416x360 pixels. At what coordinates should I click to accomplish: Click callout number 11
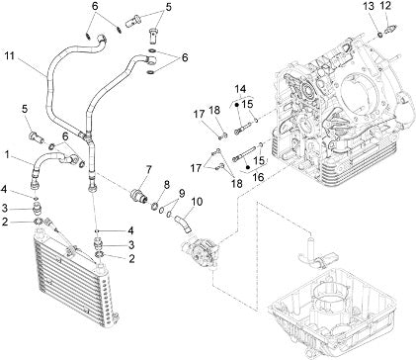(10, 56)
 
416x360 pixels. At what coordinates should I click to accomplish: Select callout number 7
(148, 170)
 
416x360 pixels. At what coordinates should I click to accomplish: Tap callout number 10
(197, 202)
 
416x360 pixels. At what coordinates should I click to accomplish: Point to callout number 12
(385, 6)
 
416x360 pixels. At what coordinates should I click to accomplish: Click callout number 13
(370, 6)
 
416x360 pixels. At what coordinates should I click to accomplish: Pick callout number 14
(240, 89)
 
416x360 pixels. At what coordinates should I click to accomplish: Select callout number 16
(259, 177)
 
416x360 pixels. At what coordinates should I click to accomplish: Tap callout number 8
(167, 185)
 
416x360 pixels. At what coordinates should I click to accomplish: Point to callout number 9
(182, 193)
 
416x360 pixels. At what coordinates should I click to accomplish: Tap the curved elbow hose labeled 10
(184, 224)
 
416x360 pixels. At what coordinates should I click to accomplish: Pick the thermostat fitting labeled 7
(139, 194)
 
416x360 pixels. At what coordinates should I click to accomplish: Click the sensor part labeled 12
(391, 27)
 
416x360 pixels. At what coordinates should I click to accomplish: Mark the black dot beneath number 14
(237, 105)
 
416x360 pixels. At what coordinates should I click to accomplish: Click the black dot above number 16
(248, 167)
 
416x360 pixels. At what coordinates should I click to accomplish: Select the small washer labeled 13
(379, 34)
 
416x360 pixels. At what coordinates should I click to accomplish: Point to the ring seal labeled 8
(155, 207)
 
